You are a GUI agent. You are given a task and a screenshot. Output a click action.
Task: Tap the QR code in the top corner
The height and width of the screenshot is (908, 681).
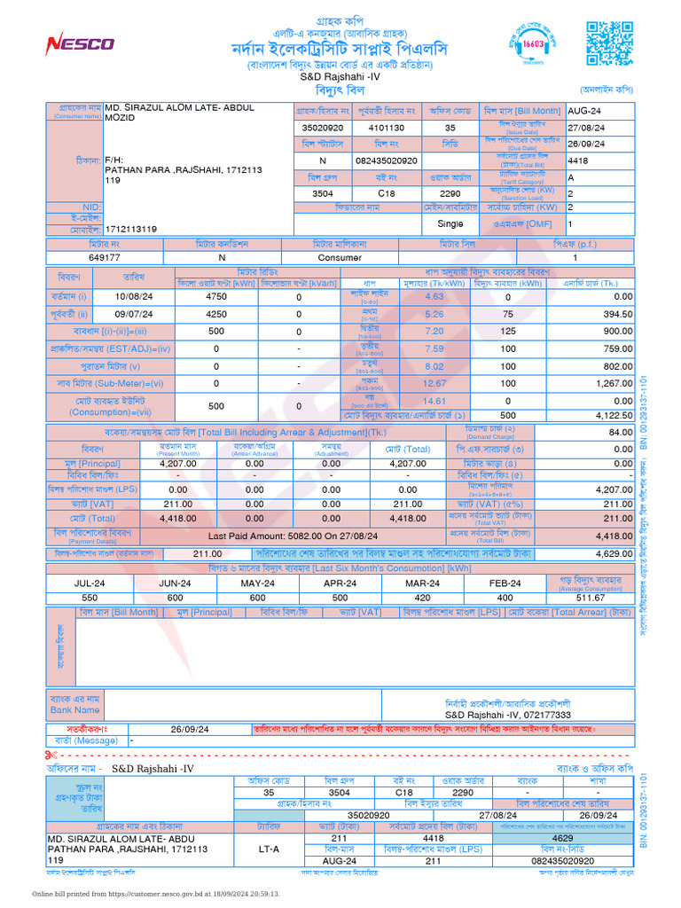point(610,42)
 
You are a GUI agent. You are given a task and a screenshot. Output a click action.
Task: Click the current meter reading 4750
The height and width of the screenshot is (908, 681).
point(216,296)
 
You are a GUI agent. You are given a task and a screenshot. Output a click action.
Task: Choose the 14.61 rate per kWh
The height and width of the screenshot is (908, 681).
point(434,401)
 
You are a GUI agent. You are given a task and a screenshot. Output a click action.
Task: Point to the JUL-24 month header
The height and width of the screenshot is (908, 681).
point(67,583)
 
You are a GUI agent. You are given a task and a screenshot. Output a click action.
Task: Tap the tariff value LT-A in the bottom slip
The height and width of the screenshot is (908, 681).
point(268,849)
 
